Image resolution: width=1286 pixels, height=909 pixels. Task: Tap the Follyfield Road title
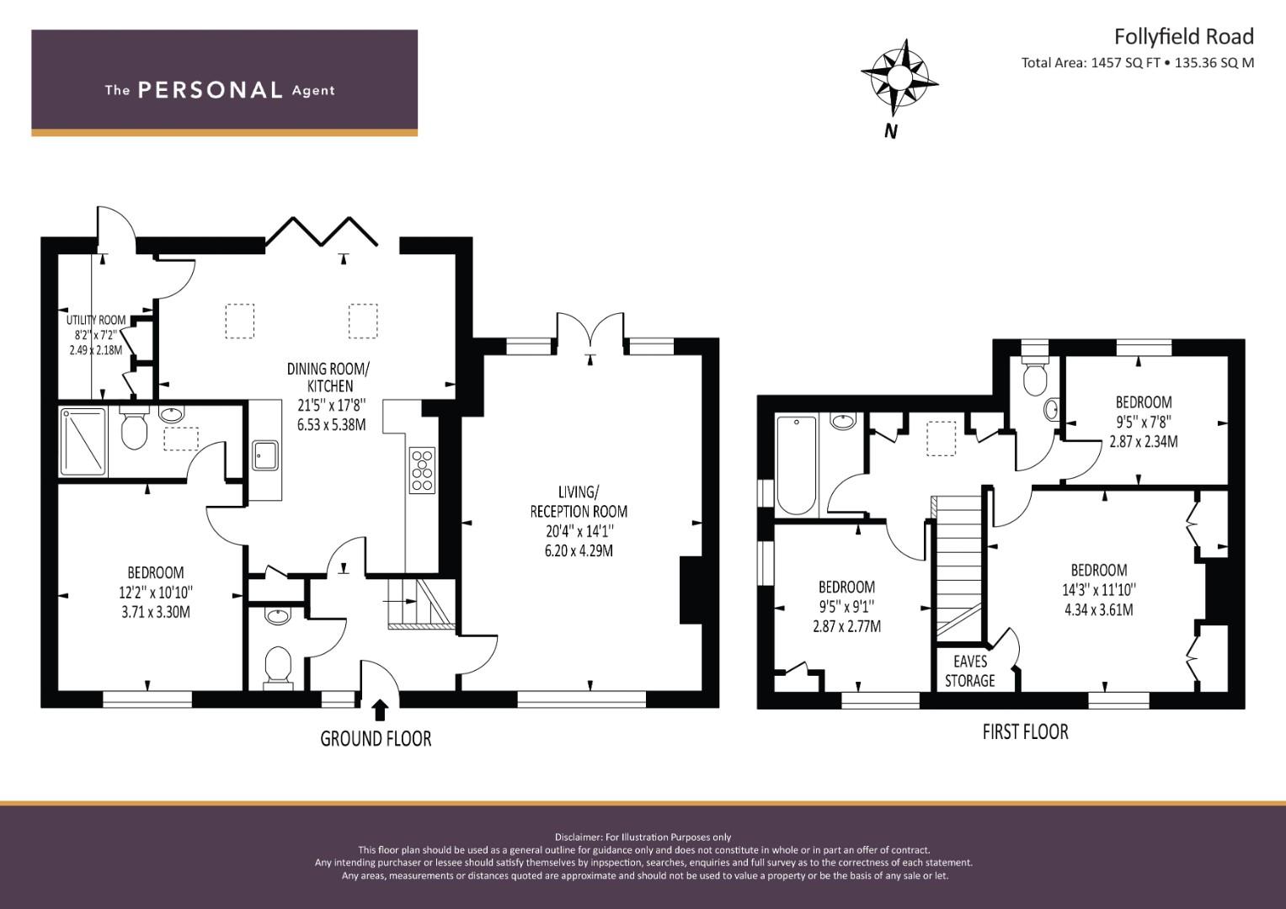pyautogui.click(x=1183, y=36)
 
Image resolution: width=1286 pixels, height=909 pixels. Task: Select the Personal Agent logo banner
pyautogui.click(x=224, y=82)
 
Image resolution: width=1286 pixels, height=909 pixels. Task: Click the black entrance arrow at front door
pyautogui.click(x=380, y=710)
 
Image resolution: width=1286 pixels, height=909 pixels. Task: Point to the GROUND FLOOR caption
pyautogui.click(x=376, y=739)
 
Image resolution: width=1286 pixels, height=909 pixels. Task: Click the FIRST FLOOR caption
pyautogui.click(x=1025, y=732)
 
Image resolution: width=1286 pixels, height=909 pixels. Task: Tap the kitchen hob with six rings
pyautogui.click(x=422, y=470)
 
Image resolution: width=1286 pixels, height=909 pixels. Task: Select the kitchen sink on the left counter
pyautogui.click(x=266, y=455)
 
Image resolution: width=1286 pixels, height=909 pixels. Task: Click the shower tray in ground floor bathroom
pyautogui.click(x=83, y=441)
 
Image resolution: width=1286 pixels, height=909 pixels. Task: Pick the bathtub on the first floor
pyautogui.click(x=796, y=465)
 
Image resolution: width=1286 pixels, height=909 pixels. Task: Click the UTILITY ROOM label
pyautogui.click(x=96, y=320)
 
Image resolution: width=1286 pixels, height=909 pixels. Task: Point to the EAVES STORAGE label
pyautogui.click(x=969, y=671)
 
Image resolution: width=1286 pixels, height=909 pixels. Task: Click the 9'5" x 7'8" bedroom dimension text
pyautogui.click(x=1144, y=422)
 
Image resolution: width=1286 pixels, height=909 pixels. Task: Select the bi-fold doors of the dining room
pyautogui.click(x=322, y=232)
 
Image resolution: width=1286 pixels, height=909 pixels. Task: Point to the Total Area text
pyautogui.click(x=1137, y=62)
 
